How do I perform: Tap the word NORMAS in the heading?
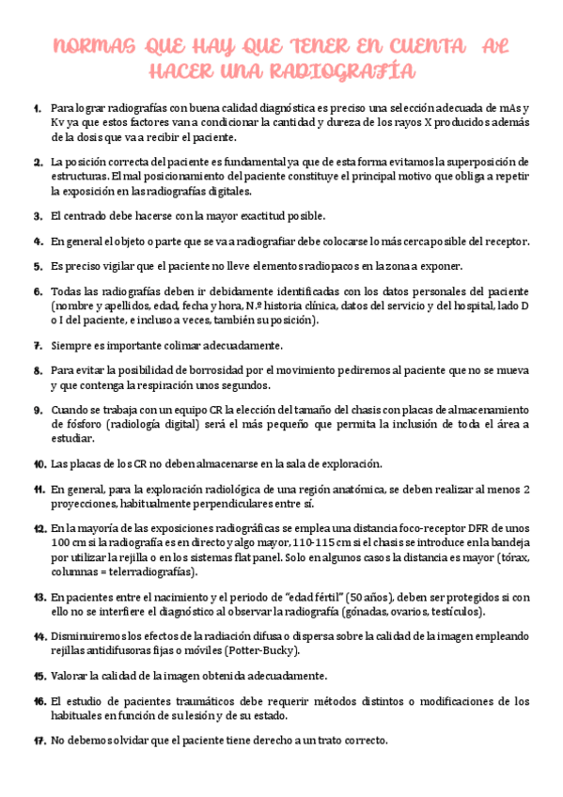click(x=92, y=47)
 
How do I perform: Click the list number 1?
click(x=37, y=107)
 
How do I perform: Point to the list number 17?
click(x=39, y=741)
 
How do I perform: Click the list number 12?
click(x=39, y=528)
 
